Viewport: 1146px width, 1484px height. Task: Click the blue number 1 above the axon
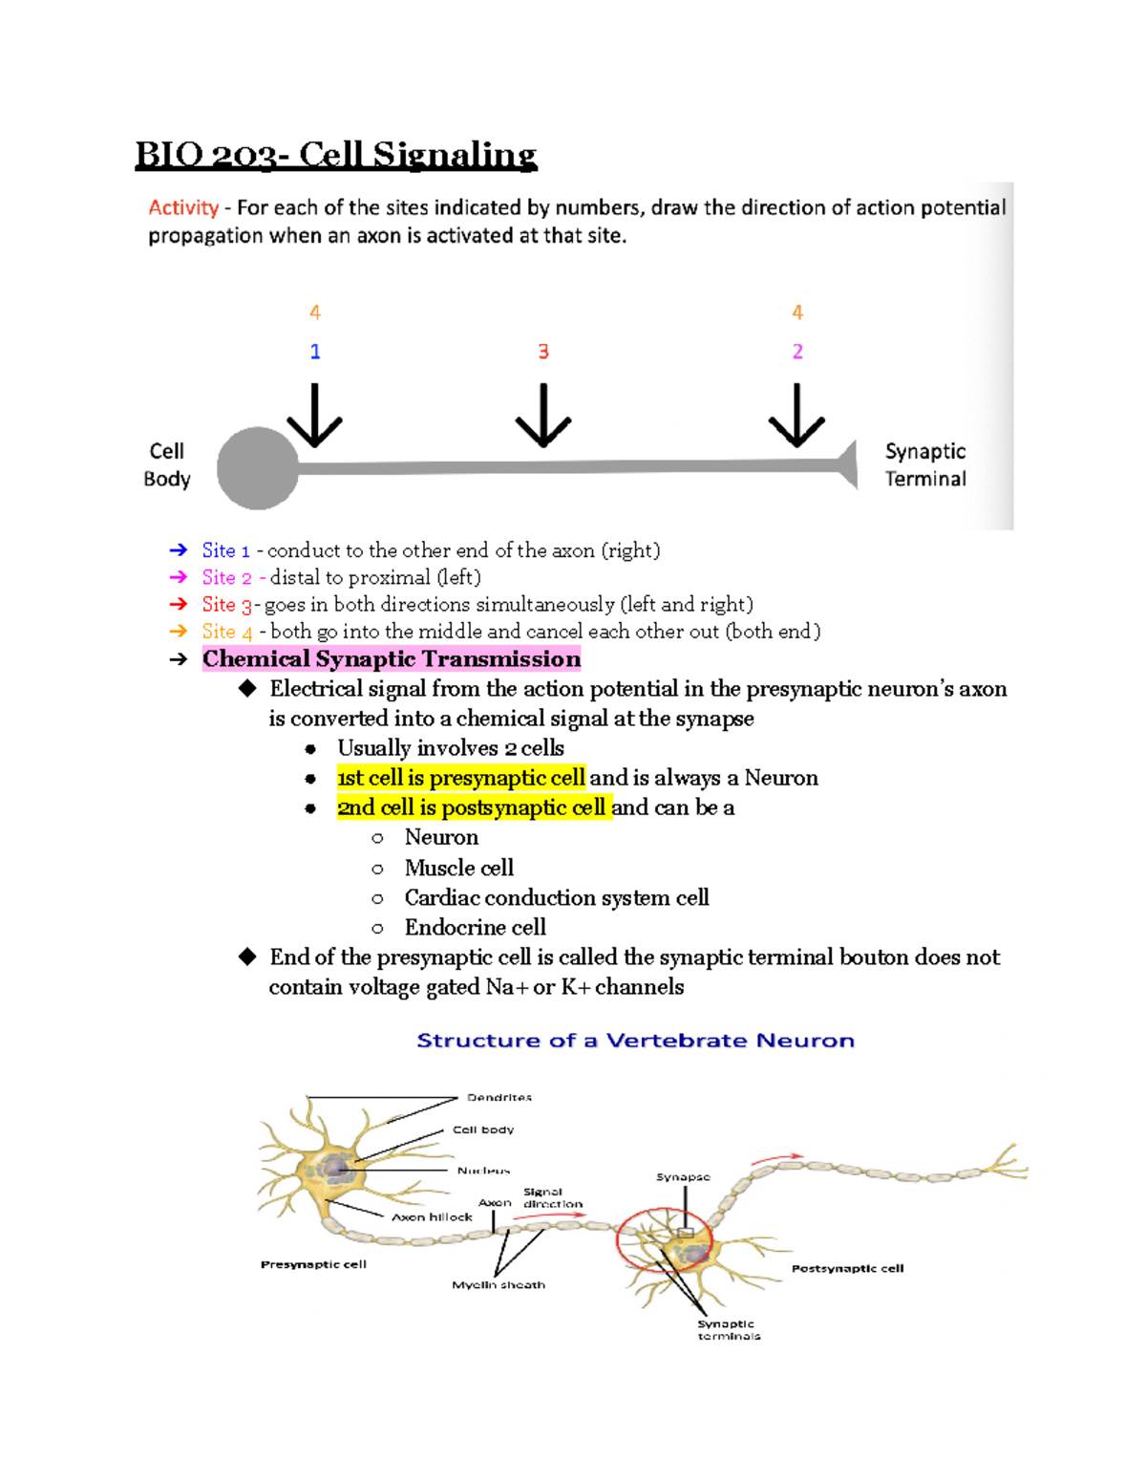(315, 352)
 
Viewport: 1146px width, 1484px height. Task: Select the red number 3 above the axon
(543, 352)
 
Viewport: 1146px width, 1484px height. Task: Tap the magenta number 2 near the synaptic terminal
(797, 352)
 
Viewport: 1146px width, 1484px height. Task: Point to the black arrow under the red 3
(543, 417)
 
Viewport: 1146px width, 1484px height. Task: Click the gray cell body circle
(258, 468)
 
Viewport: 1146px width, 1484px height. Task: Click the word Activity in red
(183, 207)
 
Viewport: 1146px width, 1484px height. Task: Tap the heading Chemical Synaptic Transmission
(392, 658)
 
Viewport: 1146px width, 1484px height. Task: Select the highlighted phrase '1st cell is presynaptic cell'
(461, 778)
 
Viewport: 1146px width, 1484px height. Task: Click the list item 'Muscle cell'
(459, 868)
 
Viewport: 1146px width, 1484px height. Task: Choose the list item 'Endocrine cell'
(475, 927)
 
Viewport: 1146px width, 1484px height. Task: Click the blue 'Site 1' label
(225, 550)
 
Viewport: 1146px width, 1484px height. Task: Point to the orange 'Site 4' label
(227, 632)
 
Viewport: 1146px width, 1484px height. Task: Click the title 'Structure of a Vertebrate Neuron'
(635, 1041)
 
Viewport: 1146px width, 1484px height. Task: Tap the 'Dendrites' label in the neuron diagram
(499, 1097)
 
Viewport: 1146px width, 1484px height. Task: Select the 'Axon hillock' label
(432, 1217)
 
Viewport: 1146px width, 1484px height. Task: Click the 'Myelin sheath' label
(499, 1285)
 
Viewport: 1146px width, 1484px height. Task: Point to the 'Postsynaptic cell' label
(847, 1269)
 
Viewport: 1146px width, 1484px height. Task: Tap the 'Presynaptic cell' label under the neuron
(313, 1264)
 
